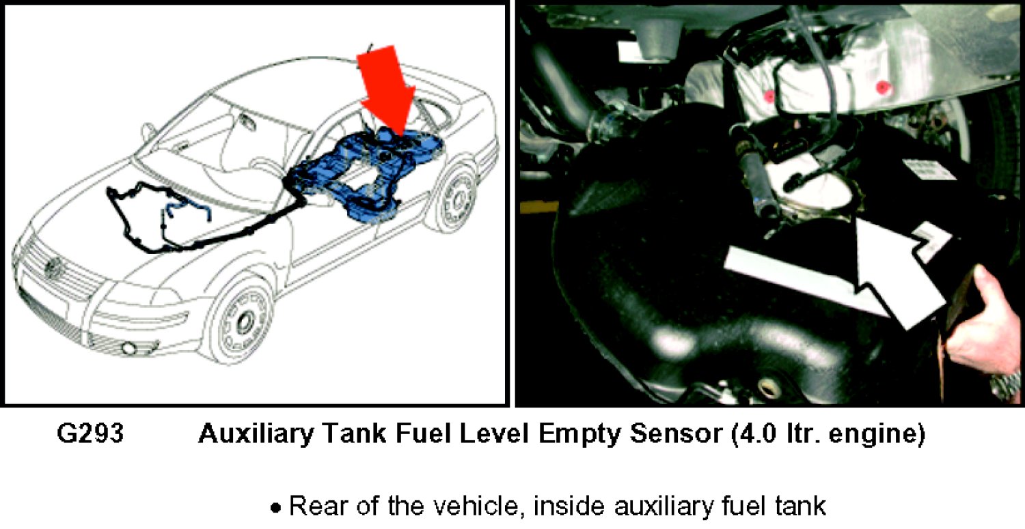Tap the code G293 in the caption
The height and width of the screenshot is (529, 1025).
[90, 433]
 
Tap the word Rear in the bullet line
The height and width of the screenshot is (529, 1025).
[316, 506]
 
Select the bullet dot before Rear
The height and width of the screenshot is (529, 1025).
[275, 508]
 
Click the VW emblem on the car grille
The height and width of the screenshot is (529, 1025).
[53, 268]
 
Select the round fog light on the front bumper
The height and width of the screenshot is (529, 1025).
[128, 348]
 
